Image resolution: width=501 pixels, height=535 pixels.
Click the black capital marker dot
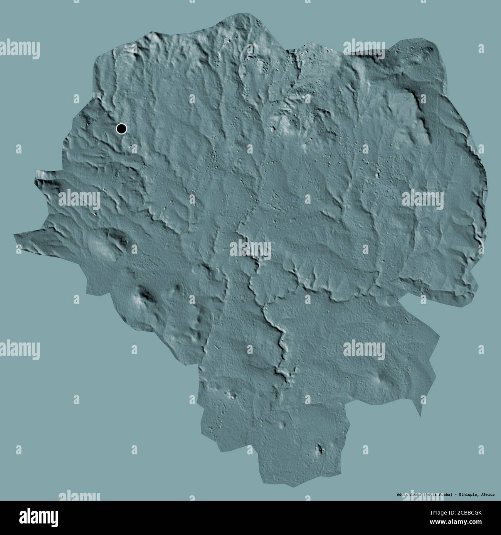point(121,129)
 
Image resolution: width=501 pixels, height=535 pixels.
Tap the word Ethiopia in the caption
point(467,494)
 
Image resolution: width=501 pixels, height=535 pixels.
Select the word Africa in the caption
point(488,494)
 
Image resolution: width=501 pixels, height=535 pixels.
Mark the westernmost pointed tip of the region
point(15,235)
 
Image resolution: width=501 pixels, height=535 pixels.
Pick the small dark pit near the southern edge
point(319,448)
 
